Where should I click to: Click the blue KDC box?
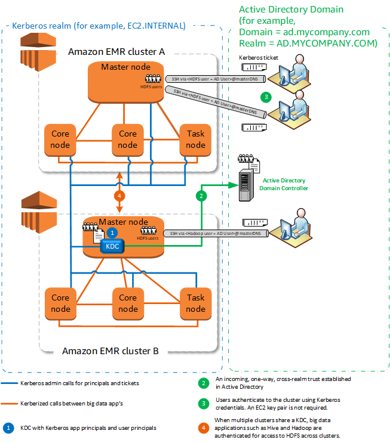pos(112,246)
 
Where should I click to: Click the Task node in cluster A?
pos(195,140)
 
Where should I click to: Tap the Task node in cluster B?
pos(195,303)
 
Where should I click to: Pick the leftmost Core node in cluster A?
pos(60,140)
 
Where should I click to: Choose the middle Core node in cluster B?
pos(128,303)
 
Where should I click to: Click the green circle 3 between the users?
pos(266,97)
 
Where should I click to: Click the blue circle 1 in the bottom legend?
pos(9,427)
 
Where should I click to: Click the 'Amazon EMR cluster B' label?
pos(110,351)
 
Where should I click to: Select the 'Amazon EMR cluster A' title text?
pos(116,51)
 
